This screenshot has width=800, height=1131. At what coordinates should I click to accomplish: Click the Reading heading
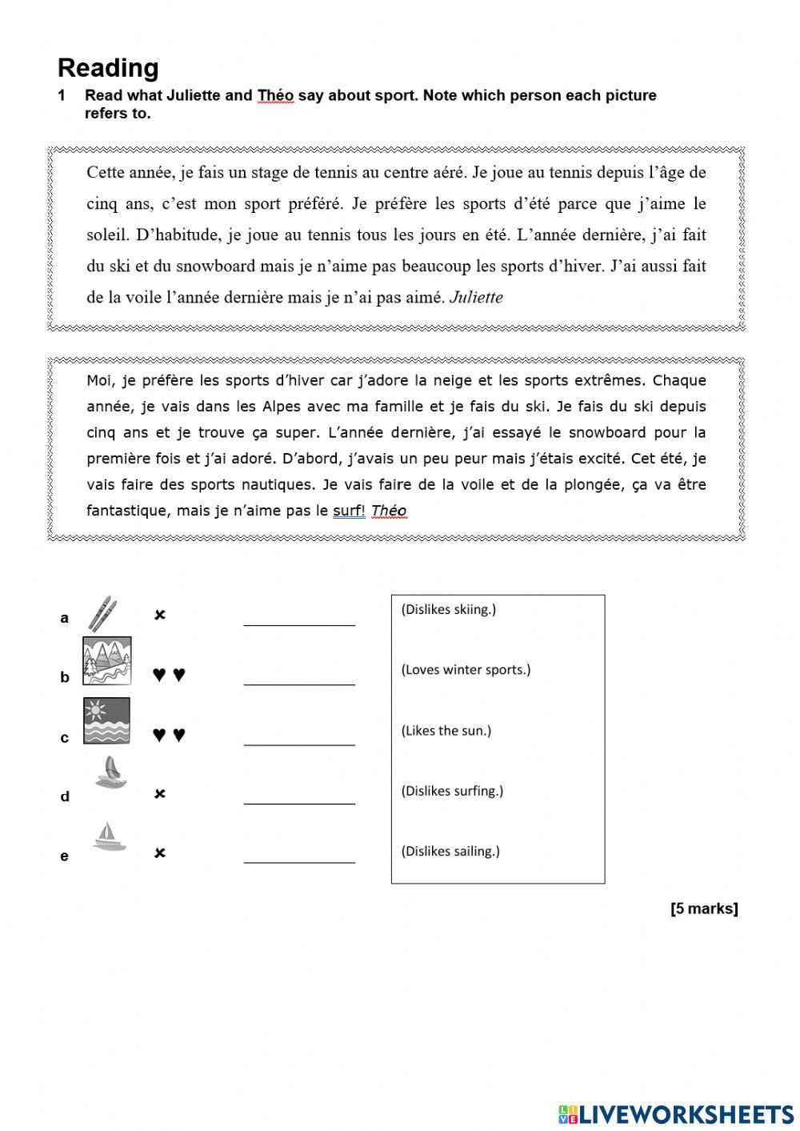pos(108,68)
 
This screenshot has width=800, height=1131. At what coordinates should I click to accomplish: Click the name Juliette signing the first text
pos(476,298)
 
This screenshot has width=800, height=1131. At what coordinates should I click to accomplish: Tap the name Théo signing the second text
pos(389,511)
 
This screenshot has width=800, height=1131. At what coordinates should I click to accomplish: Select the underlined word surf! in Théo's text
pos(349,511)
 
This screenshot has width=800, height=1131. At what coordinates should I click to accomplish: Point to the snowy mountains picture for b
pos(107,661)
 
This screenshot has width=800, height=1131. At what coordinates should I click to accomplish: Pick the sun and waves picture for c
pos(107,720)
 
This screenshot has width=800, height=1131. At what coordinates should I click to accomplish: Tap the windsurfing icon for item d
pos(110,773)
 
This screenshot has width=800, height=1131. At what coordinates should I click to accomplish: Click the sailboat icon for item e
pos(108,836)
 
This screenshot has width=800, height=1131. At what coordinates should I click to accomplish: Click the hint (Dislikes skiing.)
pos(448,609)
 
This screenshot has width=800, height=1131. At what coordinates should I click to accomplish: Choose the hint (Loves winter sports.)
pos(466,670)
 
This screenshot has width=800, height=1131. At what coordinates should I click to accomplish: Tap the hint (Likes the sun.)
pos(446,730)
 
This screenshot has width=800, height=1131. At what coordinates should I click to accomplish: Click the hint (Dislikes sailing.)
pos(450,851)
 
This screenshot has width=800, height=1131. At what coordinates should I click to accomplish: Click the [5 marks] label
pos(704,908)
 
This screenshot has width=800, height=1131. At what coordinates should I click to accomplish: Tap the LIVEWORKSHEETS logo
pos(676,1113)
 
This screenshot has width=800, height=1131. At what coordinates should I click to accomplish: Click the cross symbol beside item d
pos(160,794)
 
